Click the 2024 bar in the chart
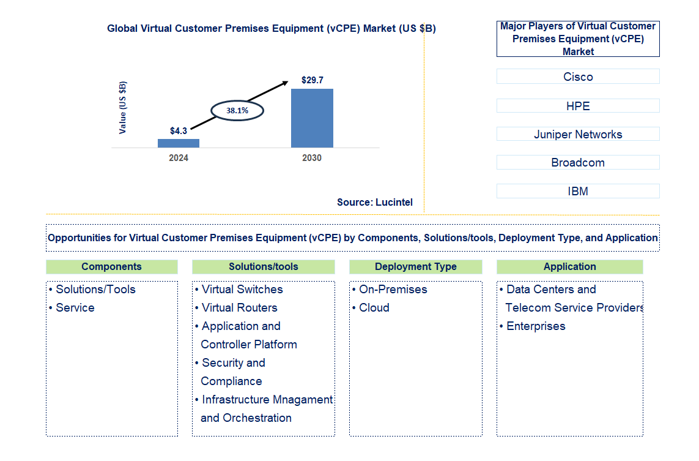(x=179, y=143)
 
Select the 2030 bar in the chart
(x=312, y=118)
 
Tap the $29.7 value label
(x=313, y=80)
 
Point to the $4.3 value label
(x=179, y=130)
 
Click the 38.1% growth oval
(x=237, y=110)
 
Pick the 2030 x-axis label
(x=312, y=158)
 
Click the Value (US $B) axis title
(x=123, y=108)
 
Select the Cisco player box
(x=578, y=77)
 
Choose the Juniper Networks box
(x=578, y=134)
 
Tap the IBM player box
(x=578, y=191)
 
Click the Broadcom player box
(x=578, y=162)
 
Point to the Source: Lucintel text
(x=374, y=202)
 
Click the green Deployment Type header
(x=416, y=267)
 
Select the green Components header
(x=111, y=267)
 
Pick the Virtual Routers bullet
(x=239, y=307)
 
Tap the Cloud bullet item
(x=374, y=307)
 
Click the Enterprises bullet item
(x=536, y=326)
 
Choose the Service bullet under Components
(x=75, y=307)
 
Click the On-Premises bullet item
(x=393, y=289)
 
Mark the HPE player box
(x=578, y=106)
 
